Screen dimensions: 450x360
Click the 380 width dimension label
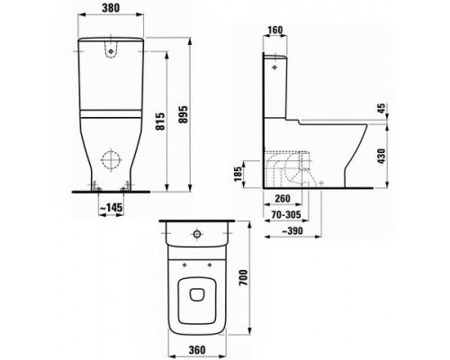(x=111, y=8)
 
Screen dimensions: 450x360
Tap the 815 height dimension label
(x=161, y=121)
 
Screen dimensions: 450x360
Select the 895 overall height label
(x=183, y=114)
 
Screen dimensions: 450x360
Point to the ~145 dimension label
(x=112, y=207)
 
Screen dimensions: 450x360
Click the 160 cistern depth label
(x=274, y=30)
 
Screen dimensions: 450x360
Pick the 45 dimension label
(x=381, y=109)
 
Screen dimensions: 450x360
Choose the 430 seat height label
(x=381, y=156)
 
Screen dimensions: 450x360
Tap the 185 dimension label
(x=238, y=174)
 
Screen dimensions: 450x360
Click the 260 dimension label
(x=283, y=198)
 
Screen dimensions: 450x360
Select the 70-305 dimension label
(x=286, y=215)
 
